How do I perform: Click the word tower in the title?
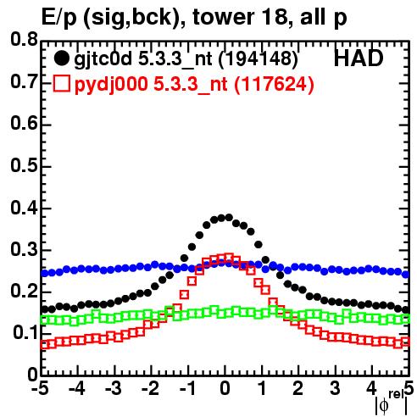pyautogui.click(x=222, y=17)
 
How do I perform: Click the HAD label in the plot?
pyautogui.click(x=359, y=58)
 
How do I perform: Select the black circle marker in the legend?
pyautogui.click(x=61, y=58)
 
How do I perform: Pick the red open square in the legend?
pyautogui.click(x=61, y=84)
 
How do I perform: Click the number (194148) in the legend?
pyautogui.click(x=259, y=59)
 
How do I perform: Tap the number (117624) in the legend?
pyautogui.click(x=274, y=85)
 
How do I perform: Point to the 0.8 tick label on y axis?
pyautogui.click(x=24, y=40)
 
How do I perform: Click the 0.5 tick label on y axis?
pyautogui.click(x=24, y=165)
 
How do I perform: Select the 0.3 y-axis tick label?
pyautogui.click(x=24, y=249)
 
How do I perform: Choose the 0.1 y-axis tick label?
pyautogui.click(x=25, y=333)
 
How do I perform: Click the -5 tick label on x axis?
pyautogui.click(x=41, y=388)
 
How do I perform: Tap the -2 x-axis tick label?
pyautogui.click(x=151, y=388)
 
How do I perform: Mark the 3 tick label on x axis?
pyautogui.click(x=335, y=388)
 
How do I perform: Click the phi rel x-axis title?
pyautogui.click(x=392, y=403)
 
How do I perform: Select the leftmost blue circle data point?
pyautogui.click(x=44, y=273)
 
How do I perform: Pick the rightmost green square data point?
pyautogui.click(x=406, y=320)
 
